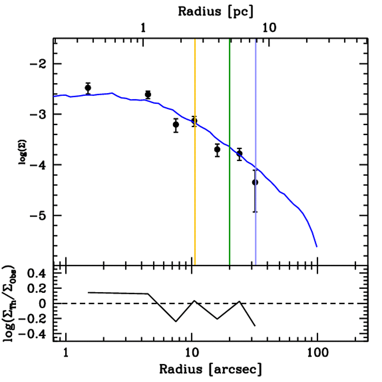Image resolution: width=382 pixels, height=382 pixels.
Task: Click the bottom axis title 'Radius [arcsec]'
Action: point(210,369)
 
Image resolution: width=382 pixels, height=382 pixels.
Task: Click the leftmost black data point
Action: point(88,88)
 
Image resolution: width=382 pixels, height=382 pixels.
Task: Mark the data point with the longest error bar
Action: point(255,182)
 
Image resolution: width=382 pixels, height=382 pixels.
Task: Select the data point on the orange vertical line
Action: point(194,120)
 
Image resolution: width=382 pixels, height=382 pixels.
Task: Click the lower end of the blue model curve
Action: point(317,247)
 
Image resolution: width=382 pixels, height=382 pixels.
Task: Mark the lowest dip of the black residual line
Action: point(255,326)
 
